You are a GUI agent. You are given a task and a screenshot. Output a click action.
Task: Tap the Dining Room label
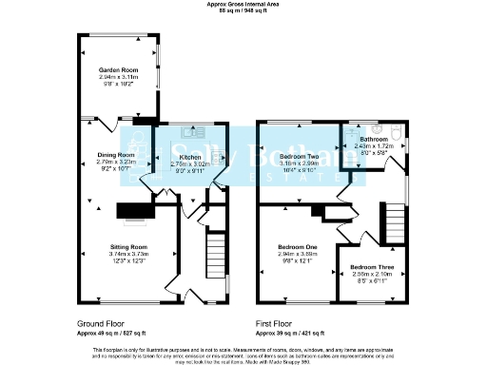(x=114, y=153)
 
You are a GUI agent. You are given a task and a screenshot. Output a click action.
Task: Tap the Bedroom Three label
(x=369, y=268)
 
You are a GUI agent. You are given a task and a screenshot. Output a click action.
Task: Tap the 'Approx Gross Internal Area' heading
(x=243, y=4)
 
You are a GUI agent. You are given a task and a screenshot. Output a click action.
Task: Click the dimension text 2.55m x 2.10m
(x=369, y=275)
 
